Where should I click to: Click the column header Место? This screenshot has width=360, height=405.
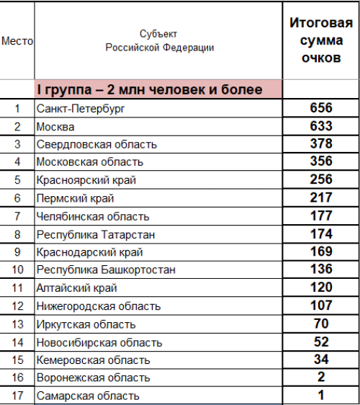click(x=17, y=42)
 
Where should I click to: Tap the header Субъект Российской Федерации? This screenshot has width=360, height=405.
click(x=159, y=41)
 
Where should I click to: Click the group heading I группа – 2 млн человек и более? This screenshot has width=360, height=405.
click(x=158, y=90)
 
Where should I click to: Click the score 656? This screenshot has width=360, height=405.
click(x=320, y=108)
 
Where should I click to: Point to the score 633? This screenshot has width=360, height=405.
click(x=320, y=126)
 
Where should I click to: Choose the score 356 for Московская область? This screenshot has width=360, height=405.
click(x=320, y=162)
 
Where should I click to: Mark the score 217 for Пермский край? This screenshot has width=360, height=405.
click(x=320, y=198)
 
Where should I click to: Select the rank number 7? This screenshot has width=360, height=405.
click(x=17, y=216)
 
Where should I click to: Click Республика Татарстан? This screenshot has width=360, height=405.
click(x=96, y=234)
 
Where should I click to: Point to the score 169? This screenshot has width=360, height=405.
click(x=320, y=252)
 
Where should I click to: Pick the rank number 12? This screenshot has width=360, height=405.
click(x=17, y=306)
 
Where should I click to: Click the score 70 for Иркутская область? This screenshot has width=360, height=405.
click(x=320, y=324)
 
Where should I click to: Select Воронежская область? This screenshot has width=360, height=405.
click(x=93, y=378)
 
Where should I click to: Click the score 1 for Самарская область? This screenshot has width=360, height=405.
click(x=320, y=395)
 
